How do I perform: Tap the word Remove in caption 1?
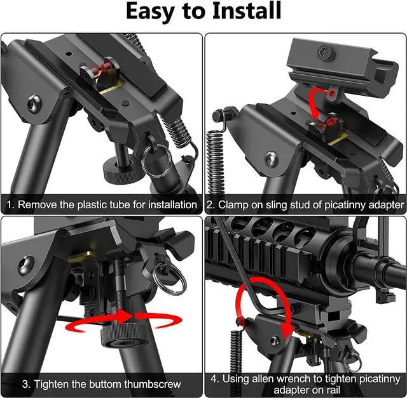[36, 204]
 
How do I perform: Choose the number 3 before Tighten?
[25, 383]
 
